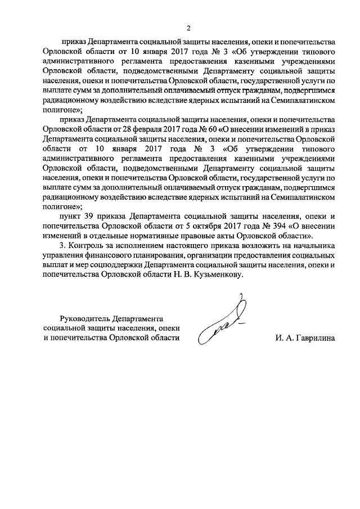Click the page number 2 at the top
coord(189,29)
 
